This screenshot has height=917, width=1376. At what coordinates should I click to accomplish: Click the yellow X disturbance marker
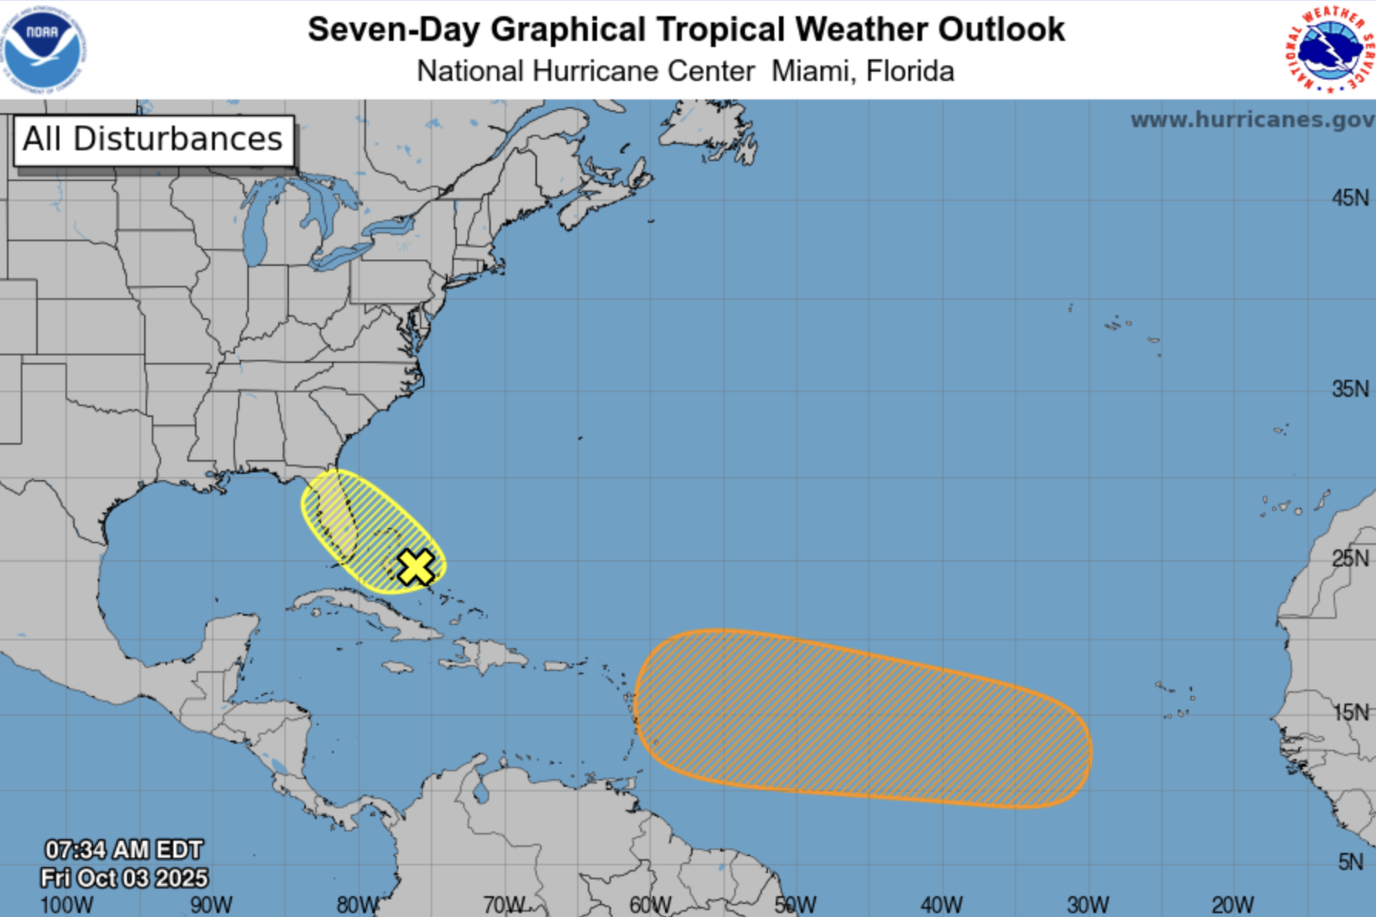click(x=416, y=568)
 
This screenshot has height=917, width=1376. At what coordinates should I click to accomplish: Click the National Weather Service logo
click(x=1330, y=49)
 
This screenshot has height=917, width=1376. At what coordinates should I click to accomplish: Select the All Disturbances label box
click(x=153, y=140)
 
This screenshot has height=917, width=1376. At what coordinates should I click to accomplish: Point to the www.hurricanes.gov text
click(x=1251, y=120)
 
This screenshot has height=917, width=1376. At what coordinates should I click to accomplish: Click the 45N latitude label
click(x=1350, y=198)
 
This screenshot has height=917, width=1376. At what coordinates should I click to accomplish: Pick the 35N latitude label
click(x=1350, y=388)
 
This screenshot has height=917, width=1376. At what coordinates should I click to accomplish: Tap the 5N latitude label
click(x=1350, y=862)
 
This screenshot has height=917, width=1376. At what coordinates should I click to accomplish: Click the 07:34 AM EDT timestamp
click(x=123, y=850)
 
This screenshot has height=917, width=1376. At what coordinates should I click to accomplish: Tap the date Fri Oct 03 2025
click(x=123, y=878)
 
